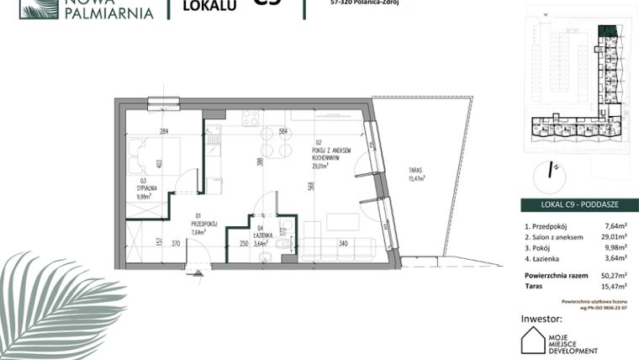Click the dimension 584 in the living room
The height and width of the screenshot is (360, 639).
point(283,131)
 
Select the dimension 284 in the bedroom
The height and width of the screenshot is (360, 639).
point(165,131)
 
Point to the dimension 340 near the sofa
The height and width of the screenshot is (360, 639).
point(343,244)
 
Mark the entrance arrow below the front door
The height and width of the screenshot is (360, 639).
point(198,273)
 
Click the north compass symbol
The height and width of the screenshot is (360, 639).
point(552,170)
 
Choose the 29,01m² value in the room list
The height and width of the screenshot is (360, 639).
point(618,237)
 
